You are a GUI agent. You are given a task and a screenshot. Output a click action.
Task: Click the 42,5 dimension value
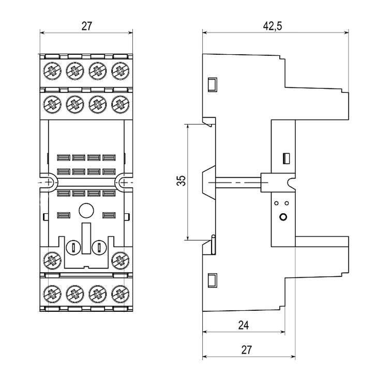click(x=273, y=26)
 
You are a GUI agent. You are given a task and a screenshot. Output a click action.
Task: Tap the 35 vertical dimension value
click(x=181, y=180)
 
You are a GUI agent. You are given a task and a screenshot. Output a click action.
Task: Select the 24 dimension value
click(x=244, y=325)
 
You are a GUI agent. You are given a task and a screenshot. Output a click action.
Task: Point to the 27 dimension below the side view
click(x=246, y=350)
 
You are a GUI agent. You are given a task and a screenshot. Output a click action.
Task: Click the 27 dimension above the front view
click(x=87, y=26)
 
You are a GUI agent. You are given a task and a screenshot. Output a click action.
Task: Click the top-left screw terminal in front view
click(x=52, y=71)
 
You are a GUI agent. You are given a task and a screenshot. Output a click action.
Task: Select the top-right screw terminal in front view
click(x=121, y=71)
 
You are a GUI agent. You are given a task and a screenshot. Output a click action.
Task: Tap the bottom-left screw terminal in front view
click(x=52, y=294)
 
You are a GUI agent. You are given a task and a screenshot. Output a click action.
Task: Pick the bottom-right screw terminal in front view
click(x=121, y=294)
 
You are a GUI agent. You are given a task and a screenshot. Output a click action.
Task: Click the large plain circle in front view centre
click(x=86, y=211)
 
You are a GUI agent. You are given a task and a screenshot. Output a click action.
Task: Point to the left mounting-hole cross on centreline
click(x=49, y=182)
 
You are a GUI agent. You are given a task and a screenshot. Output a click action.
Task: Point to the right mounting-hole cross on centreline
click(x=124, y=182)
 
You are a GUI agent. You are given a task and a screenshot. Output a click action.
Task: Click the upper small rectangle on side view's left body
click(x=213, y=85)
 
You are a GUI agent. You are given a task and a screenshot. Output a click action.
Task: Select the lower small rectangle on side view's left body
click(x=213, y=280)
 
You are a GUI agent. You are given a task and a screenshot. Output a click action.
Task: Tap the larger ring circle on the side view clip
click(x=283, y=217)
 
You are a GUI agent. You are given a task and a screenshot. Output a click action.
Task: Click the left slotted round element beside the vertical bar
click(x=73, y=247)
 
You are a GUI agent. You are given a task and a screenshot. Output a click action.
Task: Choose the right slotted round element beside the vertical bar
click(x=99, y=247)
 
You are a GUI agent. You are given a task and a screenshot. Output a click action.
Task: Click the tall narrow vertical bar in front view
click(x=86, y=238)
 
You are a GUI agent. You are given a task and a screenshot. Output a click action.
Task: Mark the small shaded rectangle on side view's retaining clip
click(x=287, y=159)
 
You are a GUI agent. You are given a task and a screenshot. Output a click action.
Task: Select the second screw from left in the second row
click(x=75, y=104)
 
